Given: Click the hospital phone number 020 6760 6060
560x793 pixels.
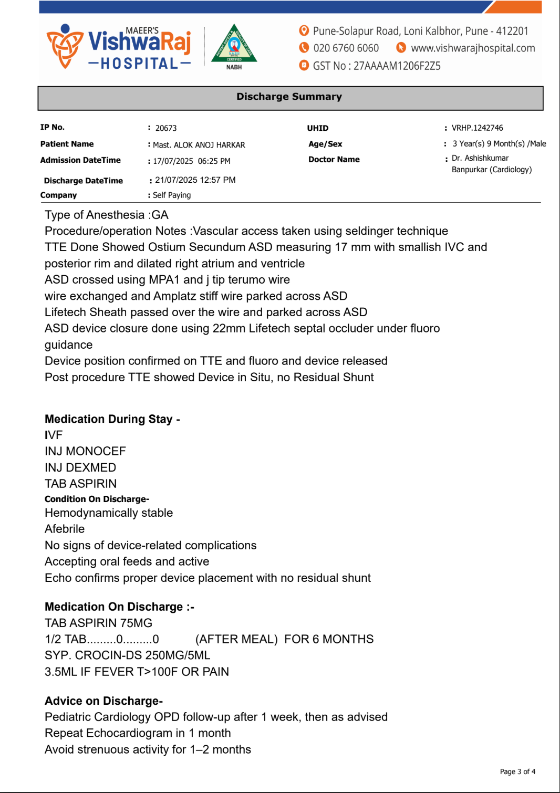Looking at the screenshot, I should pyautogui.click(x=346, y=48).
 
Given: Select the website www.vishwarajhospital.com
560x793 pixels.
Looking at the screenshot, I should pyautogui.click(x=473, y=48).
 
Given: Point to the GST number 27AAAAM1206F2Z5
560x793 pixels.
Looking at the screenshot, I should pyautogui.click(x=397, y=66).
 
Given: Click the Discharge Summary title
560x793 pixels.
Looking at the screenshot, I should pyautogui.click(x=289, y=97).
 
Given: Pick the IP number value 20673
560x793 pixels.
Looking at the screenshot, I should pyautogui.click(x=166, y=128).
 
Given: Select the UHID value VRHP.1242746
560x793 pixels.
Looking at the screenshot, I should pyautogui.click(x=477, y=128).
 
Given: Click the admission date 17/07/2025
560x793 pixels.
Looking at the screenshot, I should pyautogui.click(x=173, y=161).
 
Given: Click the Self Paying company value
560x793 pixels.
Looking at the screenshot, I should pyautogui.click(x=172, y=195).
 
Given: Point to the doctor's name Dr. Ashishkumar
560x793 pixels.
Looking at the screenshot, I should pyautogui.click(x=480, y=158).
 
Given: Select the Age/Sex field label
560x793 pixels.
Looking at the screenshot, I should pyautogui.click(x=325, y=144).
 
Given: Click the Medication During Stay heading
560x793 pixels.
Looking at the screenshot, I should pyautogui.click(x=112, y=419).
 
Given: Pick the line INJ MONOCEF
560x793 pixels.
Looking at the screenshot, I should pyautogui.click(x=85, y=451).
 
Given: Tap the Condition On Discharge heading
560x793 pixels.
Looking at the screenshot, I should pyautogui.click(x=97, y=499).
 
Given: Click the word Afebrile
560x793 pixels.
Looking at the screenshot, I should pyautogui.click(x=65, y=529).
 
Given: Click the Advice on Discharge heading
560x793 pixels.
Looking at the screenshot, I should pyautogui.click(x=103, y=701).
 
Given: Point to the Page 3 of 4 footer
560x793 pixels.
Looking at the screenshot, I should pyautogui.click(x=517, y=771).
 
